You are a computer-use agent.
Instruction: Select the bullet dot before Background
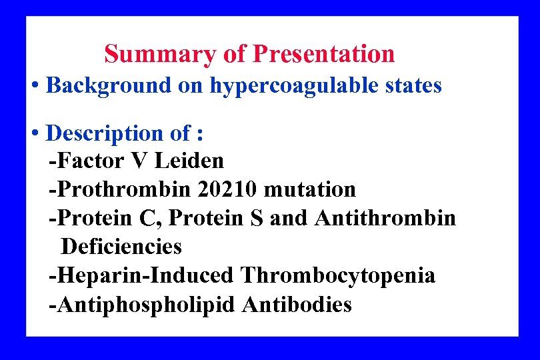click(x=35, y=86)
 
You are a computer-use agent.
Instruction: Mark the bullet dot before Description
click(x=35, y=133)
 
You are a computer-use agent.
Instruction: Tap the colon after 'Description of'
click(x=199, y=135)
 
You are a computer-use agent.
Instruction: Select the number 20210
click(x=229, y=189)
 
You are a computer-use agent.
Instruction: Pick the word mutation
click(x=310, y=189)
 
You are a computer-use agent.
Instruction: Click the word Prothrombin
click(x=123, y=189)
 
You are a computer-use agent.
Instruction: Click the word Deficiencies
click(x=121, y=247)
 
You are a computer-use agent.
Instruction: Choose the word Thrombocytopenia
click(x=338, y=275)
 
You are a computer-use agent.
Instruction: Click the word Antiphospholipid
click(x=147, y=304)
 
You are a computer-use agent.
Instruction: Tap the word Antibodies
click(x=297, y=304)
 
